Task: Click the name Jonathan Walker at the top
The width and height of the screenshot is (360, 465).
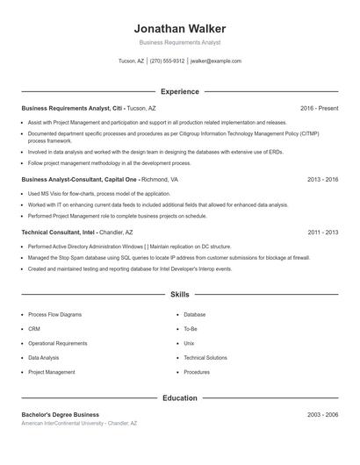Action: (x=179, y=27)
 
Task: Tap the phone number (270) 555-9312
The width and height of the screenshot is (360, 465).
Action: (x=167, y=61)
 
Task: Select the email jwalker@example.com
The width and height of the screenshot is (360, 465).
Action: (x=215, y=61)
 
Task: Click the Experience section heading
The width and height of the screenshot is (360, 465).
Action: (x=179, y=91)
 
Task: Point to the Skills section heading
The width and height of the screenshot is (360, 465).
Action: (x=179, y=295)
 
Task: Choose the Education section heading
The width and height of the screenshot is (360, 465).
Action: (x=179, y=398)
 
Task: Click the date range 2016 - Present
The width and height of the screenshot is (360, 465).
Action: (x=319, y=108)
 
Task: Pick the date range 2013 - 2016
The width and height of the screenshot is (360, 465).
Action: (x=322, y=179)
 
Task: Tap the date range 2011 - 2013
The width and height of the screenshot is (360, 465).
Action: (x=322, y=232)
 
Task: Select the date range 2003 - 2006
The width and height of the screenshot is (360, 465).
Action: (x=322, y=414)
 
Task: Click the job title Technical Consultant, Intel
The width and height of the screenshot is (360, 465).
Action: (x=58, y=232)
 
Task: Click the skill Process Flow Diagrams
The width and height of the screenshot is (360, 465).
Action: (x=54, y=314)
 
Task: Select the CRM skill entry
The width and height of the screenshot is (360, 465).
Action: (x=34, y=329)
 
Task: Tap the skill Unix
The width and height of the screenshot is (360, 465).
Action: (x=189, y=343)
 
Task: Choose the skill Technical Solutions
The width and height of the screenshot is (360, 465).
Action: (x=205, y=358)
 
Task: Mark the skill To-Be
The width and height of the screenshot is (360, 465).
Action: (x=191, y=329)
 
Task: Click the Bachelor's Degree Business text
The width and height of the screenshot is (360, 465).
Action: (x=60, y=414)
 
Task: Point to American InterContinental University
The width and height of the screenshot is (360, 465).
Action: (x=62, y=423)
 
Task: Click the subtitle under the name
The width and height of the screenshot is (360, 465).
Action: (x=179, y=42)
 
